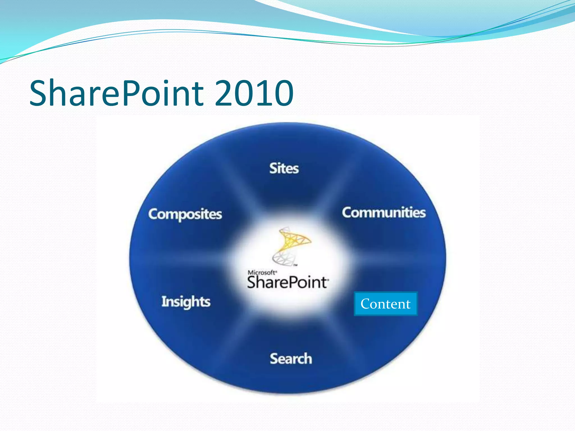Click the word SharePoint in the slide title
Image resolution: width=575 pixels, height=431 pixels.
click(x=117, y=93)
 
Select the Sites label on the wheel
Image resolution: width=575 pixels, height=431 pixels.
click(x=284, y=168)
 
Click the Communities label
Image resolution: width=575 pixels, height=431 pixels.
click(x=384, y=212)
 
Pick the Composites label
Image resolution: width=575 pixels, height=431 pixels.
click(x=185, y=214)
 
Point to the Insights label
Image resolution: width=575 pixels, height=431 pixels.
click(x=186, y=302)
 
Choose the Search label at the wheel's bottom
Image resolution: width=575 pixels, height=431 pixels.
click(x=291, y=359)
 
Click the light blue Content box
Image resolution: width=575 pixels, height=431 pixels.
click(x=385, y=304)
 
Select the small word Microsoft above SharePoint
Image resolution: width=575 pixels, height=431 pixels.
click(x=262, y=272)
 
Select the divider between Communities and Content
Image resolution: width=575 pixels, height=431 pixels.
click(x=393, y=260)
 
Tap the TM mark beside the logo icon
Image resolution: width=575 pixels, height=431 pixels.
click(x=295, y=265)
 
